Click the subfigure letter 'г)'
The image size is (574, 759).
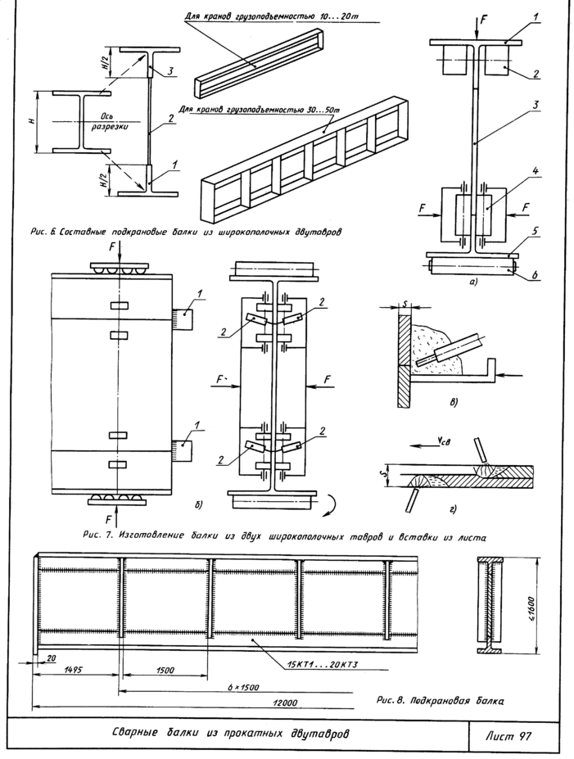click(453, 508)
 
